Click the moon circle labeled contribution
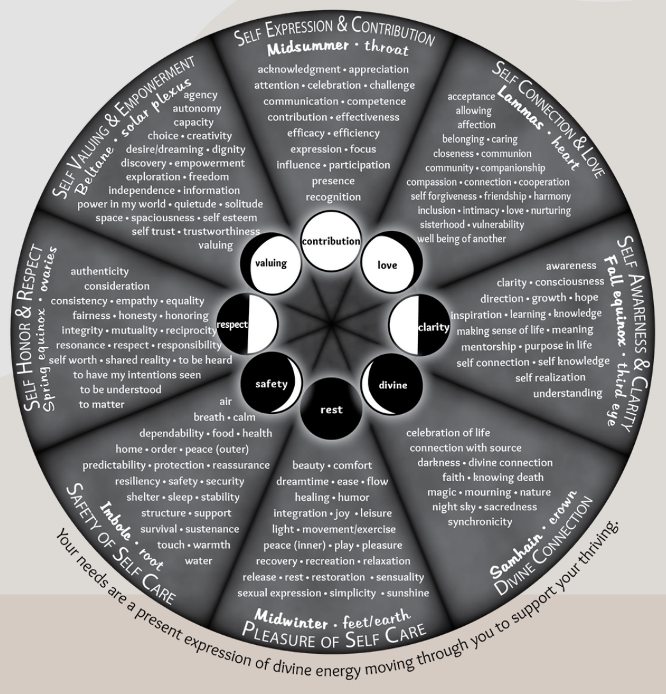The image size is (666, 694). [331, 242]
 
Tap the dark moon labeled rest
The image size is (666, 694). [331, 409]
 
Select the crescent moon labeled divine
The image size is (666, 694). [388, 385]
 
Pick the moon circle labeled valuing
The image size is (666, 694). [270, 263]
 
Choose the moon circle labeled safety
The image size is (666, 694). [271, 384]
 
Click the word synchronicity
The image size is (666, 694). [480, 521]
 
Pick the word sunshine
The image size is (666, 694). [408, 593]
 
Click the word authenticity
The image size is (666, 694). [100, 272]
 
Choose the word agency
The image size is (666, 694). [200, 95]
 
